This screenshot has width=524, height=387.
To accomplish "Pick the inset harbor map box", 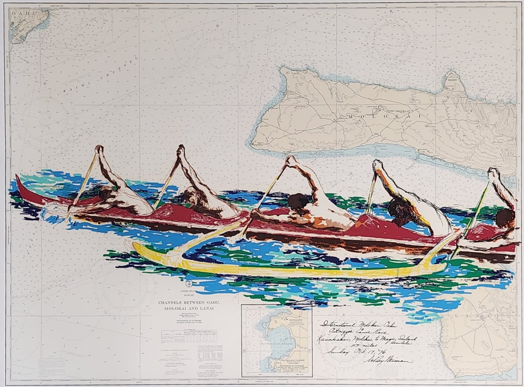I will click(276, 340).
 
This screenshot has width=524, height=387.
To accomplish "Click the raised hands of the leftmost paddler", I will click(99, 149).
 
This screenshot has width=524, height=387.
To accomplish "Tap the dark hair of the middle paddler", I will click(298, 201).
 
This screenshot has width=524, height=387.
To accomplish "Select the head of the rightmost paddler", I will click(505, 218).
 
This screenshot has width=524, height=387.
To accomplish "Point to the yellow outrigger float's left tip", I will click(135, 245).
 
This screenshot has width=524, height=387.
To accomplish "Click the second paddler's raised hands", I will click(181, 150).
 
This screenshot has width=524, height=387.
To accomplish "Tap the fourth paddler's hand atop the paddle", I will click(378, 165).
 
